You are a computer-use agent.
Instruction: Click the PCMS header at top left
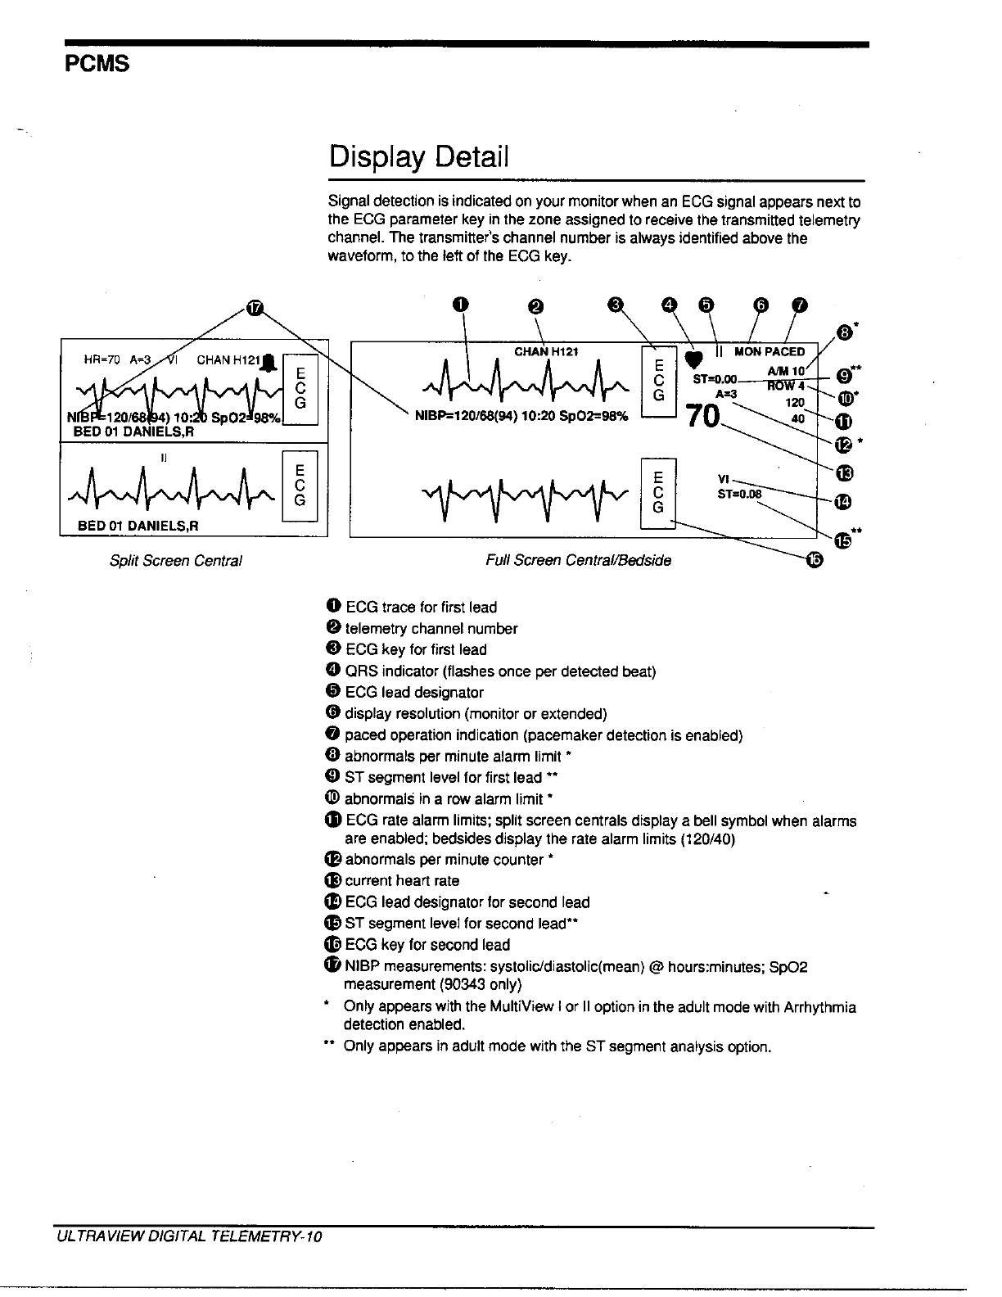(x=97, y=64)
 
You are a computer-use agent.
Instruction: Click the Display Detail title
(x=418, y=155)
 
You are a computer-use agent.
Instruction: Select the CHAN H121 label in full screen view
(x=546, y=351)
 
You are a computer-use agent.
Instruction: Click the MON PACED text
(x=770, y=351)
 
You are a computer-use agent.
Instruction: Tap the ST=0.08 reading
(x=738, y=494)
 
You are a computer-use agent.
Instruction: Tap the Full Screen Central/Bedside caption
(x=578, y=561)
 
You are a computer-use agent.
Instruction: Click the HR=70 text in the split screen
(x=102, y=359)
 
